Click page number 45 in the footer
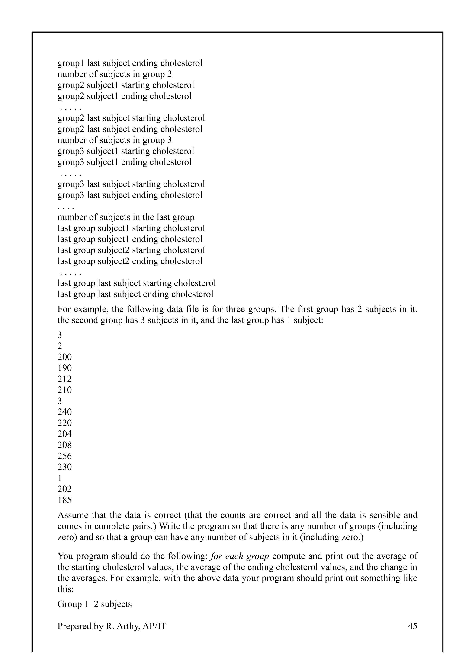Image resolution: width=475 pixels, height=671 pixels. (412, 626)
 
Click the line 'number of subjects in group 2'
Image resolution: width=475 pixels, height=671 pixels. (114, 74)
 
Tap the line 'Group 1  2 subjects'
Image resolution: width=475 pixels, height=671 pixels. (94, 604)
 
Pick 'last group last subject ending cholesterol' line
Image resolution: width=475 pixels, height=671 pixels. (135, 294)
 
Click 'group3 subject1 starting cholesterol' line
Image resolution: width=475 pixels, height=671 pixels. (126, 151)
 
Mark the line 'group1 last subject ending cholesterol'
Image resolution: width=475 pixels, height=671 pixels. (130, 63)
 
